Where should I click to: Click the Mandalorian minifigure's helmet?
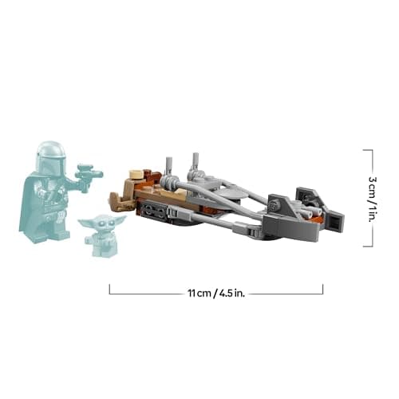[x=49, y=155]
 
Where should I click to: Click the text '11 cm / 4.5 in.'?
[x=215, y=293]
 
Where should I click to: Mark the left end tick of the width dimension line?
[x=109, y=289]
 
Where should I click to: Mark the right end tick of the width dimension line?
[x=323, y=289]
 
